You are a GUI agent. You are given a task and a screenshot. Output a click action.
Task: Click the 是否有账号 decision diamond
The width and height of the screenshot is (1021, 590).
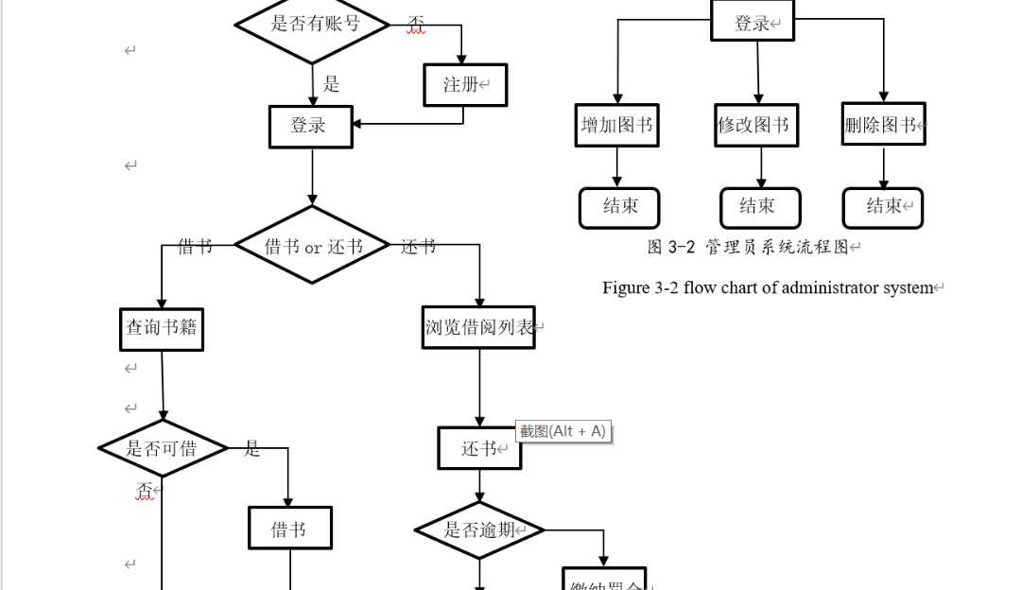(x=312, y=24)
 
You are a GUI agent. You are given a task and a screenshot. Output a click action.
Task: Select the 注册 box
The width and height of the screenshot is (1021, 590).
(x=463, y=85)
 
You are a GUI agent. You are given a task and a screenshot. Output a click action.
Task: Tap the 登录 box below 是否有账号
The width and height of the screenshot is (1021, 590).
(x=311, y=126)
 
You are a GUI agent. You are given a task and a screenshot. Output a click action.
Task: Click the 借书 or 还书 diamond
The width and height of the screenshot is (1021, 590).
(x=312, y=246)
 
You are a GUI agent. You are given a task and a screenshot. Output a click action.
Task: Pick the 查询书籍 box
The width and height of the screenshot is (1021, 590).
(x=162, y=329)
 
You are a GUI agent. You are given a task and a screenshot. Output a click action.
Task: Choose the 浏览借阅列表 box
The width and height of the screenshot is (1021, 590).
(x=478, y=328)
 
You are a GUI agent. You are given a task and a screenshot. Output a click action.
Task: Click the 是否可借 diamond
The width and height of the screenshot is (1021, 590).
(x=163, y=448)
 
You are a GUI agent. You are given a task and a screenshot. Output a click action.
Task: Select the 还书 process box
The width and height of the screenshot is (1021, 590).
(x=479, y=448)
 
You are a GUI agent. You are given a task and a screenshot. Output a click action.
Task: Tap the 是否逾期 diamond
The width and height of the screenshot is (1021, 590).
(x=480, y=529)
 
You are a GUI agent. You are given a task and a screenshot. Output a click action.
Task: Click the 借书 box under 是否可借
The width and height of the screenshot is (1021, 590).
(x=290, y=529)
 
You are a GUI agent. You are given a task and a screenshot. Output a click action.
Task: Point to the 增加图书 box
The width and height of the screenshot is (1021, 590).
(x=617, y=125)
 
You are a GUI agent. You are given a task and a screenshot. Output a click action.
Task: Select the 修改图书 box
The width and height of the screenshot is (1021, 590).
(x=757, y=125)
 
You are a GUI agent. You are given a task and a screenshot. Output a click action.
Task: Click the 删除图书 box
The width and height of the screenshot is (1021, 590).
(x=883, y=124)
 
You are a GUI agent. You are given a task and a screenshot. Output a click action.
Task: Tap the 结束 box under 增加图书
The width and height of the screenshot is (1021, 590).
(x=619, y=207)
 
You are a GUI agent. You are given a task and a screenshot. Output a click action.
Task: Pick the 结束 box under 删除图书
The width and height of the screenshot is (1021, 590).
(x=883, y=207)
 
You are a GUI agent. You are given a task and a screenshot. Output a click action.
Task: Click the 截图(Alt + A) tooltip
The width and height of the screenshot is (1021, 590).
(x=562, y=431)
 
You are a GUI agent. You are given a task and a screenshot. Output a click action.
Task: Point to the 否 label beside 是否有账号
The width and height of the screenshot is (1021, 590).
(x=415, y=24)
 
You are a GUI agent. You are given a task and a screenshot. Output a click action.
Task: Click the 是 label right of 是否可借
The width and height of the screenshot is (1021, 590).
(x=251, y=449)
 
